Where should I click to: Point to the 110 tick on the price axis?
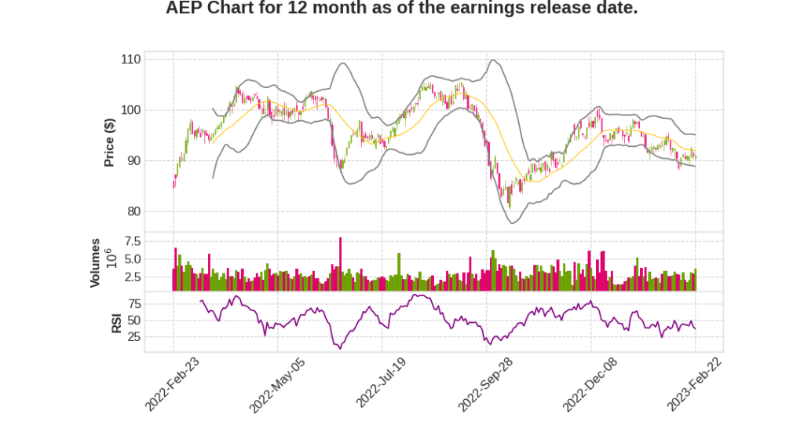point(130,60)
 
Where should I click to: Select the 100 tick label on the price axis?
point(130,110)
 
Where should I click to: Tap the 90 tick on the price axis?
point(133,161)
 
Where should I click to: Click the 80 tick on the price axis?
point(133,211)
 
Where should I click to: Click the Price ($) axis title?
point(110,141)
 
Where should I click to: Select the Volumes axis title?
point(95,262)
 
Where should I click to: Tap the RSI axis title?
point(116,323)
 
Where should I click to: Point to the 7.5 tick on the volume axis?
point(131,241)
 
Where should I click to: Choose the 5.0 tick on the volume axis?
point(131,259)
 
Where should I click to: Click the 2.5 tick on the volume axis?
point(131,277)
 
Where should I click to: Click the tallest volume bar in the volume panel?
point(340,264)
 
